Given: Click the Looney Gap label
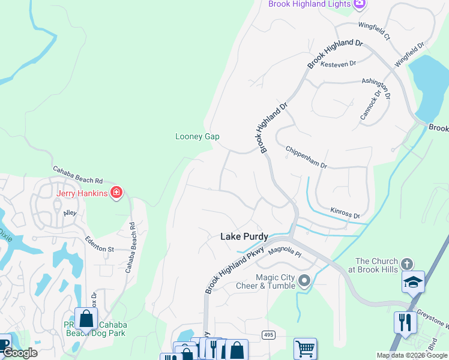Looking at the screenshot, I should [x=197, y=136].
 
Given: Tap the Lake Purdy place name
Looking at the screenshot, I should [x=244, y=237].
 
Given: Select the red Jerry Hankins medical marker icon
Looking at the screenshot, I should [x=116, y=193].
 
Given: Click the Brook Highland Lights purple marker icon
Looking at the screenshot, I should [x=360, y=4].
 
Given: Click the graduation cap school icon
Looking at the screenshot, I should [x=414, y=282].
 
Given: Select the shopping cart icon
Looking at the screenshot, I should [x=305, y=349].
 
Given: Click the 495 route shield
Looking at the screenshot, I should [x=268, y=334].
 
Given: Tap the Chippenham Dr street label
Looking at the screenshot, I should [x=306, y=157].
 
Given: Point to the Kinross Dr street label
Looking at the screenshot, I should [x=345, y=212].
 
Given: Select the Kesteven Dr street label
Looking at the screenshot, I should [x=339, y=63].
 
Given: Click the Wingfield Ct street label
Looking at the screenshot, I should [x=375, y=31].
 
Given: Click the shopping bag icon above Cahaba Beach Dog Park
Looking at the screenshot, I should [x=86, y=319].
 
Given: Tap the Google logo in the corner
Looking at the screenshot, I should [x=19, y=353].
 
